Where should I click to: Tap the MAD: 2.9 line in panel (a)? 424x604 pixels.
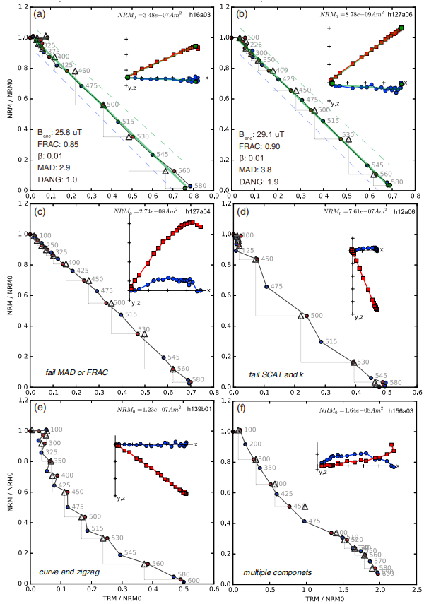pyautogui.click(x=54, y=167)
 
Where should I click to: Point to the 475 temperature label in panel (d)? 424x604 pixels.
pyautogui.click(x=277, y=286)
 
